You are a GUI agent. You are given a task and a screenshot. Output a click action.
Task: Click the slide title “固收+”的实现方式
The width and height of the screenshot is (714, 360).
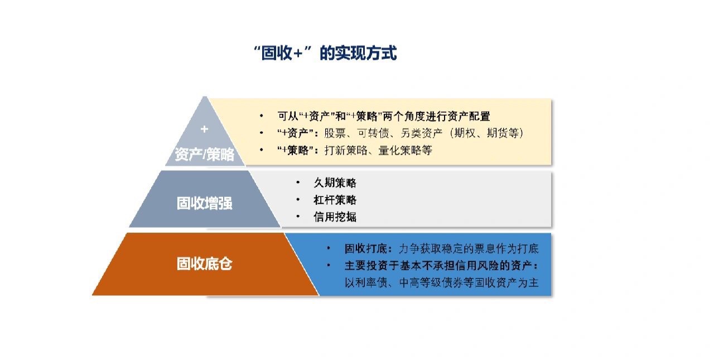(x=325, y=53)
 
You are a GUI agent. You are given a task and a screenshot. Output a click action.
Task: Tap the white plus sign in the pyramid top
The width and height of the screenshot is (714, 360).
(x=204, y=129)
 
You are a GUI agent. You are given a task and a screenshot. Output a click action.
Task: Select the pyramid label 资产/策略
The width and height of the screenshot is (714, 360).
(x=204, y=155)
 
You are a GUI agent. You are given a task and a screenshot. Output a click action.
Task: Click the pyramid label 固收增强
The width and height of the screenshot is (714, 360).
(x=204, y=203)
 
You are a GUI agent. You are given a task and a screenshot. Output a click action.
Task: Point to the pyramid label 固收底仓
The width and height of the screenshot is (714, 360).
(x=204, y=263)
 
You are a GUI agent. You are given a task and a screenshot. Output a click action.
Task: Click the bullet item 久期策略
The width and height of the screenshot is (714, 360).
(x=335, y=183)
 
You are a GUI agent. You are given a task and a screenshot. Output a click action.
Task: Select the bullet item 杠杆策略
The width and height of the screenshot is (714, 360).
(x=335, y=200)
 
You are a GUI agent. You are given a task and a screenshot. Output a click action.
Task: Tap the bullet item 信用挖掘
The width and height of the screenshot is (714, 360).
(x=335, y=217)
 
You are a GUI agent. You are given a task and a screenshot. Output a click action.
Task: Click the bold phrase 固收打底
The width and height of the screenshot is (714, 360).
(x=365, y=248)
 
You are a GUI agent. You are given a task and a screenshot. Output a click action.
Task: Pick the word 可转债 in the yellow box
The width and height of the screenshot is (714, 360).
(x=373, y=133)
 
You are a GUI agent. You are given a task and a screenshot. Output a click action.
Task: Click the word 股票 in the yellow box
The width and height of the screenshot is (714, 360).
(x=335, y=133)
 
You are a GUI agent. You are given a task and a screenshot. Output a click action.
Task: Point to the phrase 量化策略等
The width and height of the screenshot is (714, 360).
(x=405, y=150)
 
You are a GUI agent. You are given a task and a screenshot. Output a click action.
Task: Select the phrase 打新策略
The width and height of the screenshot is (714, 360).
(x=346, y=150)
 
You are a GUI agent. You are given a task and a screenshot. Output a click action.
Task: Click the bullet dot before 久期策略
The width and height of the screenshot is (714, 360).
(x=298, y=183)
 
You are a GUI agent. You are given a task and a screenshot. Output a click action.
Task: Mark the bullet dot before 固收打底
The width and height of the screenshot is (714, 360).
(x=329, y=248)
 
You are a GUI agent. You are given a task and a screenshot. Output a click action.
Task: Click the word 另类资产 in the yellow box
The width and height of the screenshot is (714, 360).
(x=421, y=133)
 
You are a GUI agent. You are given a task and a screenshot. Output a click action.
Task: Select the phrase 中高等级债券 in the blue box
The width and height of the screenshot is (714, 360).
(x=431, y=282)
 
